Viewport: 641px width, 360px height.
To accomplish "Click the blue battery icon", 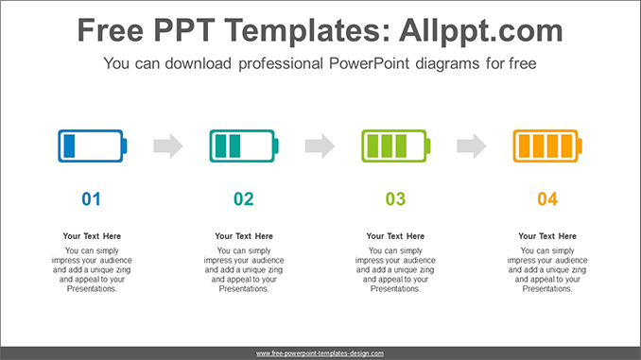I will (x=92, y=146).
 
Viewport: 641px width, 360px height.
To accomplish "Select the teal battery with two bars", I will (x=243, y=146).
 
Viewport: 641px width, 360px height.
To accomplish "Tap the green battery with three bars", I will (x=395, y=146).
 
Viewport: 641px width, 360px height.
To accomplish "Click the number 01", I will (x=92, y=198).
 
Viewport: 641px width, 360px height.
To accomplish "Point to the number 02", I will (x=244, y=198).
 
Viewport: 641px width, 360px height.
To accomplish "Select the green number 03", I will (x=395, y=198).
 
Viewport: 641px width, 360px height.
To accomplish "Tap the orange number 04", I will (x=547, y=198).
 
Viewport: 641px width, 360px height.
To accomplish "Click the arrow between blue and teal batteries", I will (x=168, y=146).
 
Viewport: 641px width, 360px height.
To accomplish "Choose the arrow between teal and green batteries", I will (x=320, y=146).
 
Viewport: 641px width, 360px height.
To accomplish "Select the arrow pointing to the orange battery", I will (x=471, y=146).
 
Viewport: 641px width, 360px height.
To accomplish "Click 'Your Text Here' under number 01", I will (x=92, y=236).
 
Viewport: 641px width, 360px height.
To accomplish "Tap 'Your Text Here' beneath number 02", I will (x=244, y=236).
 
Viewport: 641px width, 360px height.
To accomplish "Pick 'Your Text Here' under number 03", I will (x=395, y=236).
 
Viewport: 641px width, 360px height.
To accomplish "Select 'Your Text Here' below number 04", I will (x=547, y=236).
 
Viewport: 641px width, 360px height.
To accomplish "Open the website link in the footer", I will (x=320, y=352).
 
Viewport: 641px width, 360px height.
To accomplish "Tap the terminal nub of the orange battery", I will (x=580, y=146).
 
